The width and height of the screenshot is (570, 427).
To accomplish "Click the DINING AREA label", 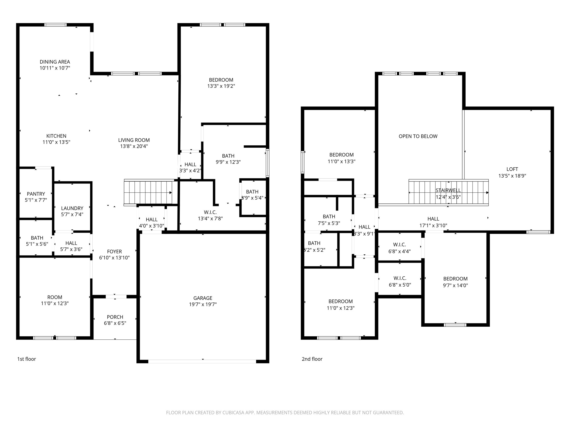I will pyautogui.click(x=55, y=62).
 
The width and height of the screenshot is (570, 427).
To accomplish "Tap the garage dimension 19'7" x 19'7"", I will pyautogui.click(x=203, y=304).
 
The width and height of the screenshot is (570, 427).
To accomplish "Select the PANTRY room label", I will pyautogui.click(x=36, y=194).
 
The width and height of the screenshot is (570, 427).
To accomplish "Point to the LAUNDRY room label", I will pyautogui.click(x=72, y=208).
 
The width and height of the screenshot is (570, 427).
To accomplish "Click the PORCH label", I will pyautogui.click(x=115, y=317).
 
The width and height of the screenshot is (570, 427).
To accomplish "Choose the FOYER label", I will pyautogui.click(x=114, y=252).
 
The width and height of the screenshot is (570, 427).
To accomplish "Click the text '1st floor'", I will pyautogui.click(x=27, y=359).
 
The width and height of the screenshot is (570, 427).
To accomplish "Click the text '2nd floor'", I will pyautogui.click(x=312, y=359).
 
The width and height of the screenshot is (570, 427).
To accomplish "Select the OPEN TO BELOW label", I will pyautogui.click(x=418, y=136).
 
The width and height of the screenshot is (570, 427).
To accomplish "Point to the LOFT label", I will pyautogui.click(x=512, y=169).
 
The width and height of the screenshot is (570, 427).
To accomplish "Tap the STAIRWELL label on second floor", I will pyautogui.click(x=448, y=190).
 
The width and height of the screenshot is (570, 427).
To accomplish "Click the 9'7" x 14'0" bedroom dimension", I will pyautogui.click(x=455, y=286).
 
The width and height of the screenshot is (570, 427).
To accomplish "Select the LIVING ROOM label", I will pyautogui.click(x=134, y=140).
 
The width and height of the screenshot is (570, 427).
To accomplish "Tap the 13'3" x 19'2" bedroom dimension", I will pyautogui.click(x=221, y=86).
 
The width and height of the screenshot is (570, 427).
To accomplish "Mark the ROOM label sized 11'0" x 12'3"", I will pyautogui.click(x=55, y=297).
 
